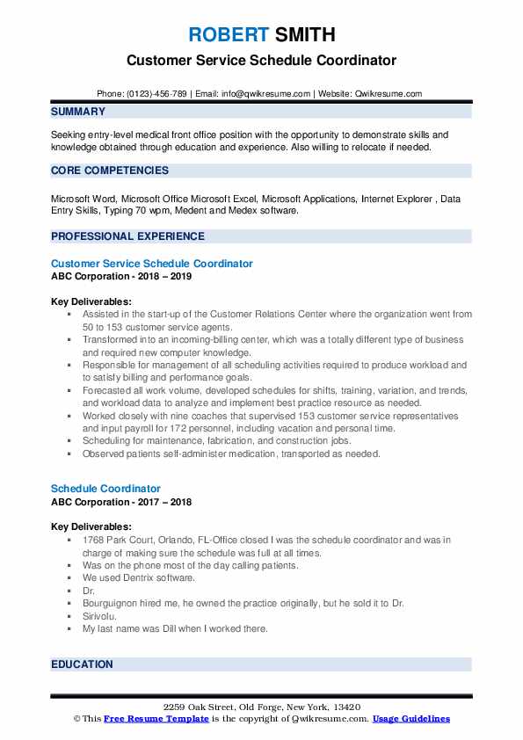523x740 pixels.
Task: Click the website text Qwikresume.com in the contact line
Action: (x=389, y=93)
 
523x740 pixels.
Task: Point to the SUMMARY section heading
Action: (x=78, y=112)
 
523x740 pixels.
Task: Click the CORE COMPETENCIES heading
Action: (x=110, y=170)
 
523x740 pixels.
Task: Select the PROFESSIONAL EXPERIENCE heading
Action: (x=127, y=236)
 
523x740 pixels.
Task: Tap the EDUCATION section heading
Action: (x=82, y=664)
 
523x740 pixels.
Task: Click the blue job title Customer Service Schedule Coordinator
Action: (x=152, y=264)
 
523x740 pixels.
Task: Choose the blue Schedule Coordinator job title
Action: (x=105, y=488)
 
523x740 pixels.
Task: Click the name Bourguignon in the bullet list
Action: (x=113, y=604)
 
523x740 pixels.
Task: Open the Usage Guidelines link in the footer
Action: (x=410, y=719)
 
